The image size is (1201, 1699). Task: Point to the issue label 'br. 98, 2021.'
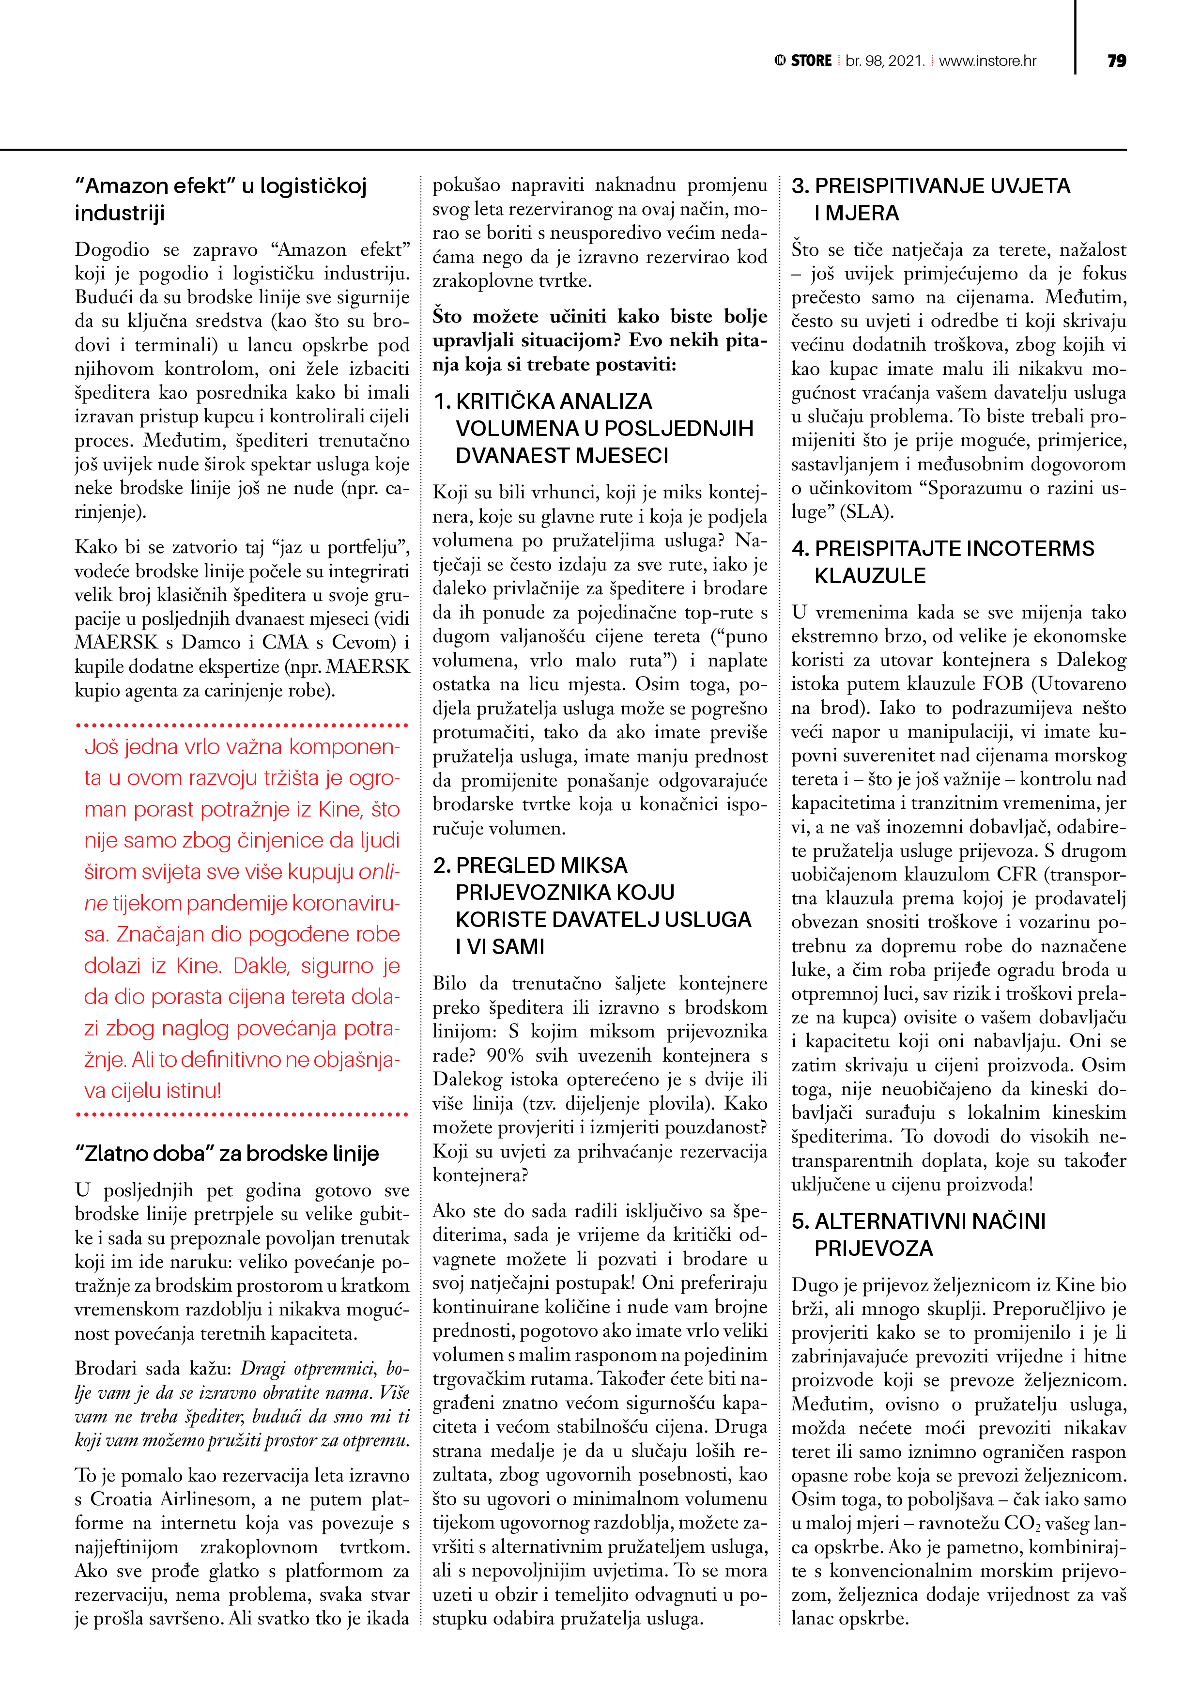coord(885,61)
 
